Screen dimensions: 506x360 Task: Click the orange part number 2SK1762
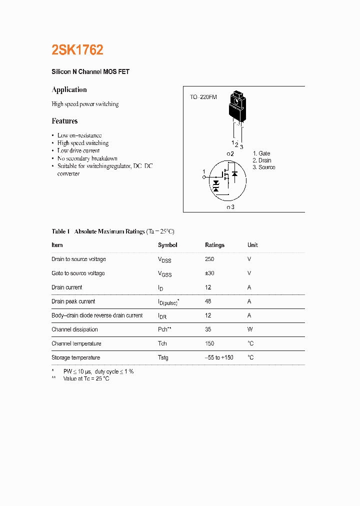click(77, 50)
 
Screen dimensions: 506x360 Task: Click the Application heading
click(69, 90)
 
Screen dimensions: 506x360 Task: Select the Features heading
click(64, 121)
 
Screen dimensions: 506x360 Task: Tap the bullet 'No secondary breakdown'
click(87, 158)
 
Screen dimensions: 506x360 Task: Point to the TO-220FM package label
click(203, 97)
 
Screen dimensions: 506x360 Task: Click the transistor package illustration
click(237, 107)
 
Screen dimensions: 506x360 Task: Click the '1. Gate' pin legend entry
click(261, 153)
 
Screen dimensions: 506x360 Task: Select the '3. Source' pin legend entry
click(264, 167)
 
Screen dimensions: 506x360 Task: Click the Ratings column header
click(214, 245)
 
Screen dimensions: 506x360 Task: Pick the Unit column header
click(252, 245)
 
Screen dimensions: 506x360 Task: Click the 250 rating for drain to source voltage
click(209, 259)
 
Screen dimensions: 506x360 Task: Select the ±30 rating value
click(210, 273)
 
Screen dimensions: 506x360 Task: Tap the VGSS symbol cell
click(164, 274)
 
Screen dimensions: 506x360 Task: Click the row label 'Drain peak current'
click(73, 301)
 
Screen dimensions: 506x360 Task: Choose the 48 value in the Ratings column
click(208, 301)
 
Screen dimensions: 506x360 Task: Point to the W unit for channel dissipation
click(250, 329)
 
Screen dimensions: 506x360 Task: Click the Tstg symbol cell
click(163, 357)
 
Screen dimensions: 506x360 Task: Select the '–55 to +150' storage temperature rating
click(219, 357)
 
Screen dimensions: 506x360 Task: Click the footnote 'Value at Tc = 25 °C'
click(86, 379)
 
